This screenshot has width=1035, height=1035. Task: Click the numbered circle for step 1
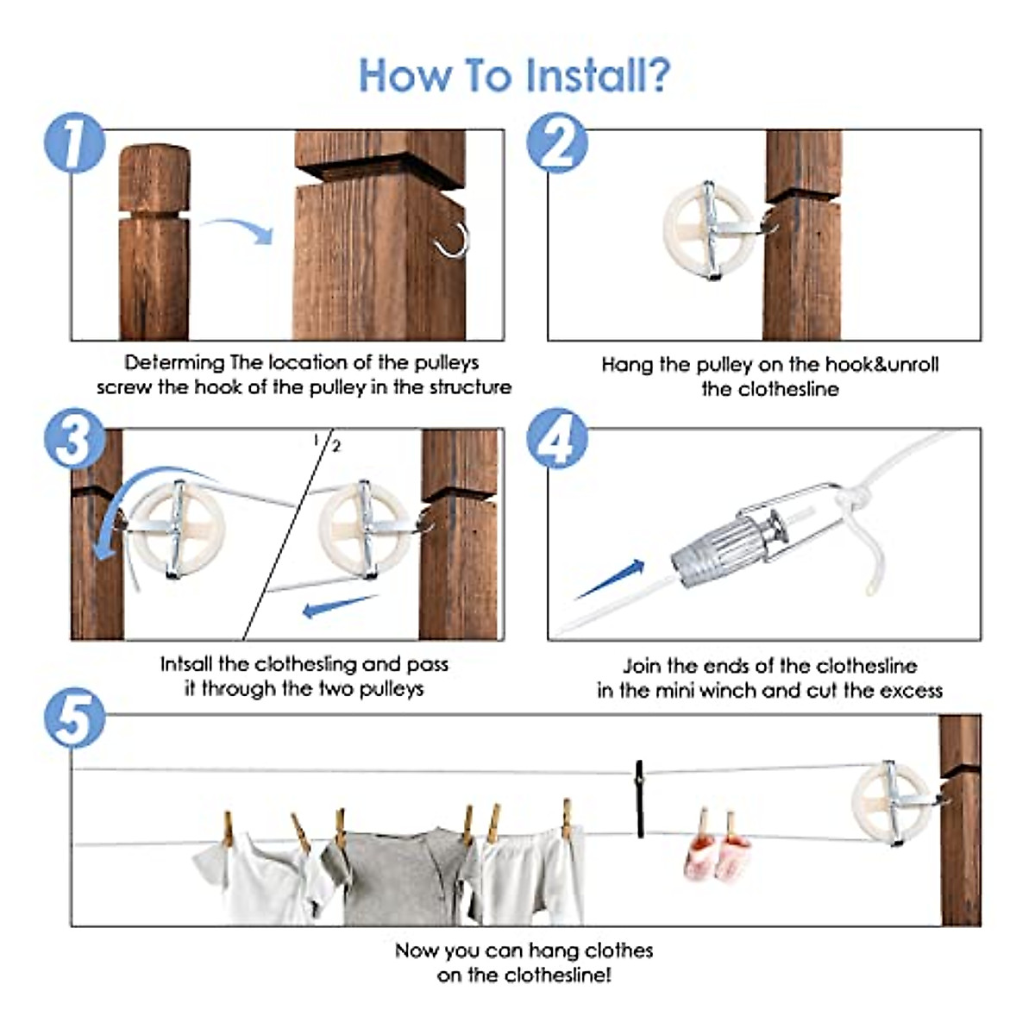point(74,143)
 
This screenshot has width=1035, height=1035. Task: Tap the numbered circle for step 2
point(557,143)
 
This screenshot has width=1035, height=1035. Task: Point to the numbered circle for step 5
point(74,718)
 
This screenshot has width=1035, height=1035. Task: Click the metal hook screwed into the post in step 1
point(453,241)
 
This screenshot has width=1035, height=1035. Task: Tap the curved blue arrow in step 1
point(236,229)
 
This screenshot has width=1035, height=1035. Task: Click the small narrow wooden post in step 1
point(154,241)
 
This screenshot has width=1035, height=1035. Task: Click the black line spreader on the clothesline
point(639,798)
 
